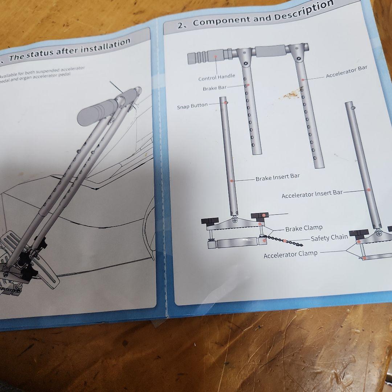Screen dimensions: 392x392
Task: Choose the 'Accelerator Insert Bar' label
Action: click(312, 194)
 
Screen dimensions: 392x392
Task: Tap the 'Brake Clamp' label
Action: click(304, 228)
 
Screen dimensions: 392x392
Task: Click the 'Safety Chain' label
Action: click(329, 238)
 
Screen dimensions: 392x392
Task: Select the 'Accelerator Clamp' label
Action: click(290, 254)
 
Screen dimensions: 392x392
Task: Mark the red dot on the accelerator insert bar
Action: click(368, 190)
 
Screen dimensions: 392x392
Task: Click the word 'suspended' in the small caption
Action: click(50, 71)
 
